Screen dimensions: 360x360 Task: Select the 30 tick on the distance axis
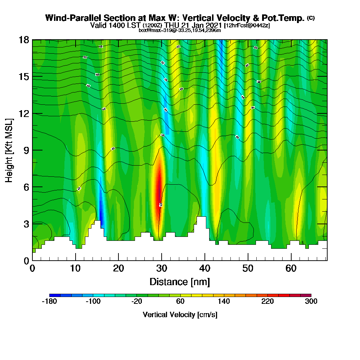(x=162, y=268)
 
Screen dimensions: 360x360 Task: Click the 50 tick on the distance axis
(x=248, y=268)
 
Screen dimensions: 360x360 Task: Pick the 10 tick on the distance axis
(x=75, y=268)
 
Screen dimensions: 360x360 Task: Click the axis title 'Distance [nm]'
(x=180, y=282)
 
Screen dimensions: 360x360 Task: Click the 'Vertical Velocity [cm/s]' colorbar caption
(x=180, y=315)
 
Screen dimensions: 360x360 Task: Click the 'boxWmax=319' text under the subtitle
(x=153, y=30)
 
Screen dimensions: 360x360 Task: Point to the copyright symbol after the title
(x=311, y=18)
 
